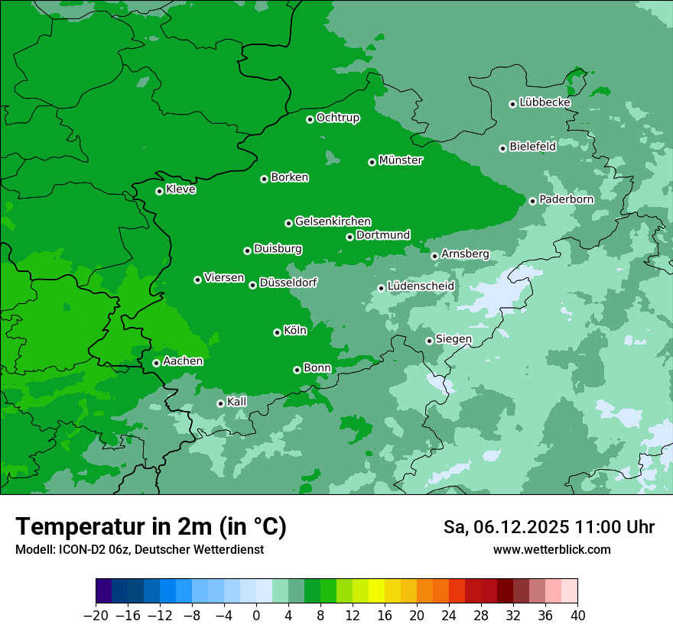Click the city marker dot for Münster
click(x=372, y=162)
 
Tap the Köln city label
click(x=295, y=331)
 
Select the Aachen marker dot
click(x=156, y=363)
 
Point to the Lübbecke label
click(x=545, y=102)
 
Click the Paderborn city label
click(x=566, y=199)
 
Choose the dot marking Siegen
click(x=430, y=341)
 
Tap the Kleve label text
click(x=180, y=189)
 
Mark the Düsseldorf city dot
click(x=252, y=285)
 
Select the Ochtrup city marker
click(x=310, y=119)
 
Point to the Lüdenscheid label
click(x=421, y=286)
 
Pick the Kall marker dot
click(x=220, y=403)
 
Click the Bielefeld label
click(x=532, y=146)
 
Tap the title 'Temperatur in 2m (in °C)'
click(x=151, y=526)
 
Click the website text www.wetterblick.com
click(x=551, y=549)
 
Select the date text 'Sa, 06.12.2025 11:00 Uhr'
click(x=548, y=527)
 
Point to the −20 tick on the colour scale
click(x=96, y=616)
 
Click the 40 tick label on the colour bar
click(x=577, y=616)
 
